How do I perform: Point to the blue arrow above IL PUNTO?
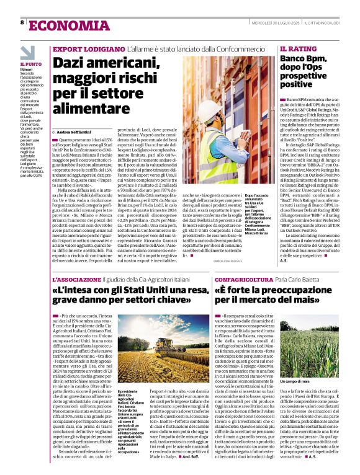(27, 51)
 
